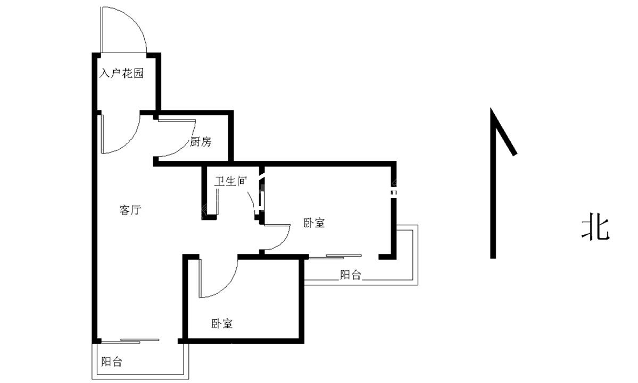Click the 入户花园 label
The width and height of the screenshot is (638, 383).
tap(122, 73)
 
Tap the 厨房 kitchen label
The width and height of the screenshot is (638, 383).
tap(200, 142)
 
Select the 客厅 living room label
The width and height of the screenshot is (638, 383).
tap(130, 210)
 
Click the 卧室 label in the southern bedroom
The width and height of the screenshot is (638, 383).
tap(222, 324)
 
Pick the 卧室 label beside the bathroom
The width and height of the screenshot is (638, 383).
tap(314, 223)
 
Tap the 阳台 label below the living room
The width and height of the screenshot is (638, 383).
tap(112, 361)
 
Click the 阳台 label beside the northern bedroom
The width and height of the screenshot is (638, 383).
tap(350, 275)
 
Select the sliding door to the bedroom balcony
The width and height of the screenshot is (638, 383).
tap(335, 256)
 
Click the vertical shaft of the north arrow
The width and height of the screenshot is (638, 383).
tap(493, 183)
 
